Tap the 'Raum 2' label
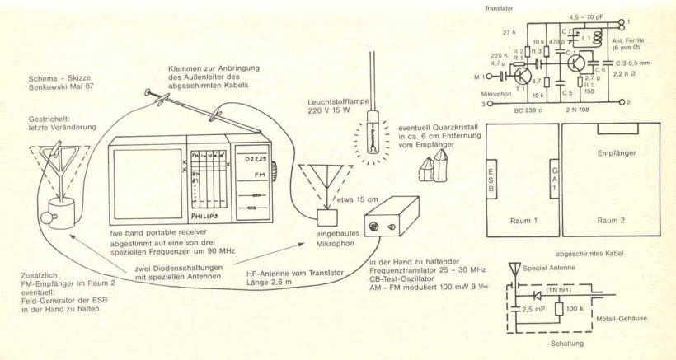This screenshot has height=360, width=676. click(x=614, y=222)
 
